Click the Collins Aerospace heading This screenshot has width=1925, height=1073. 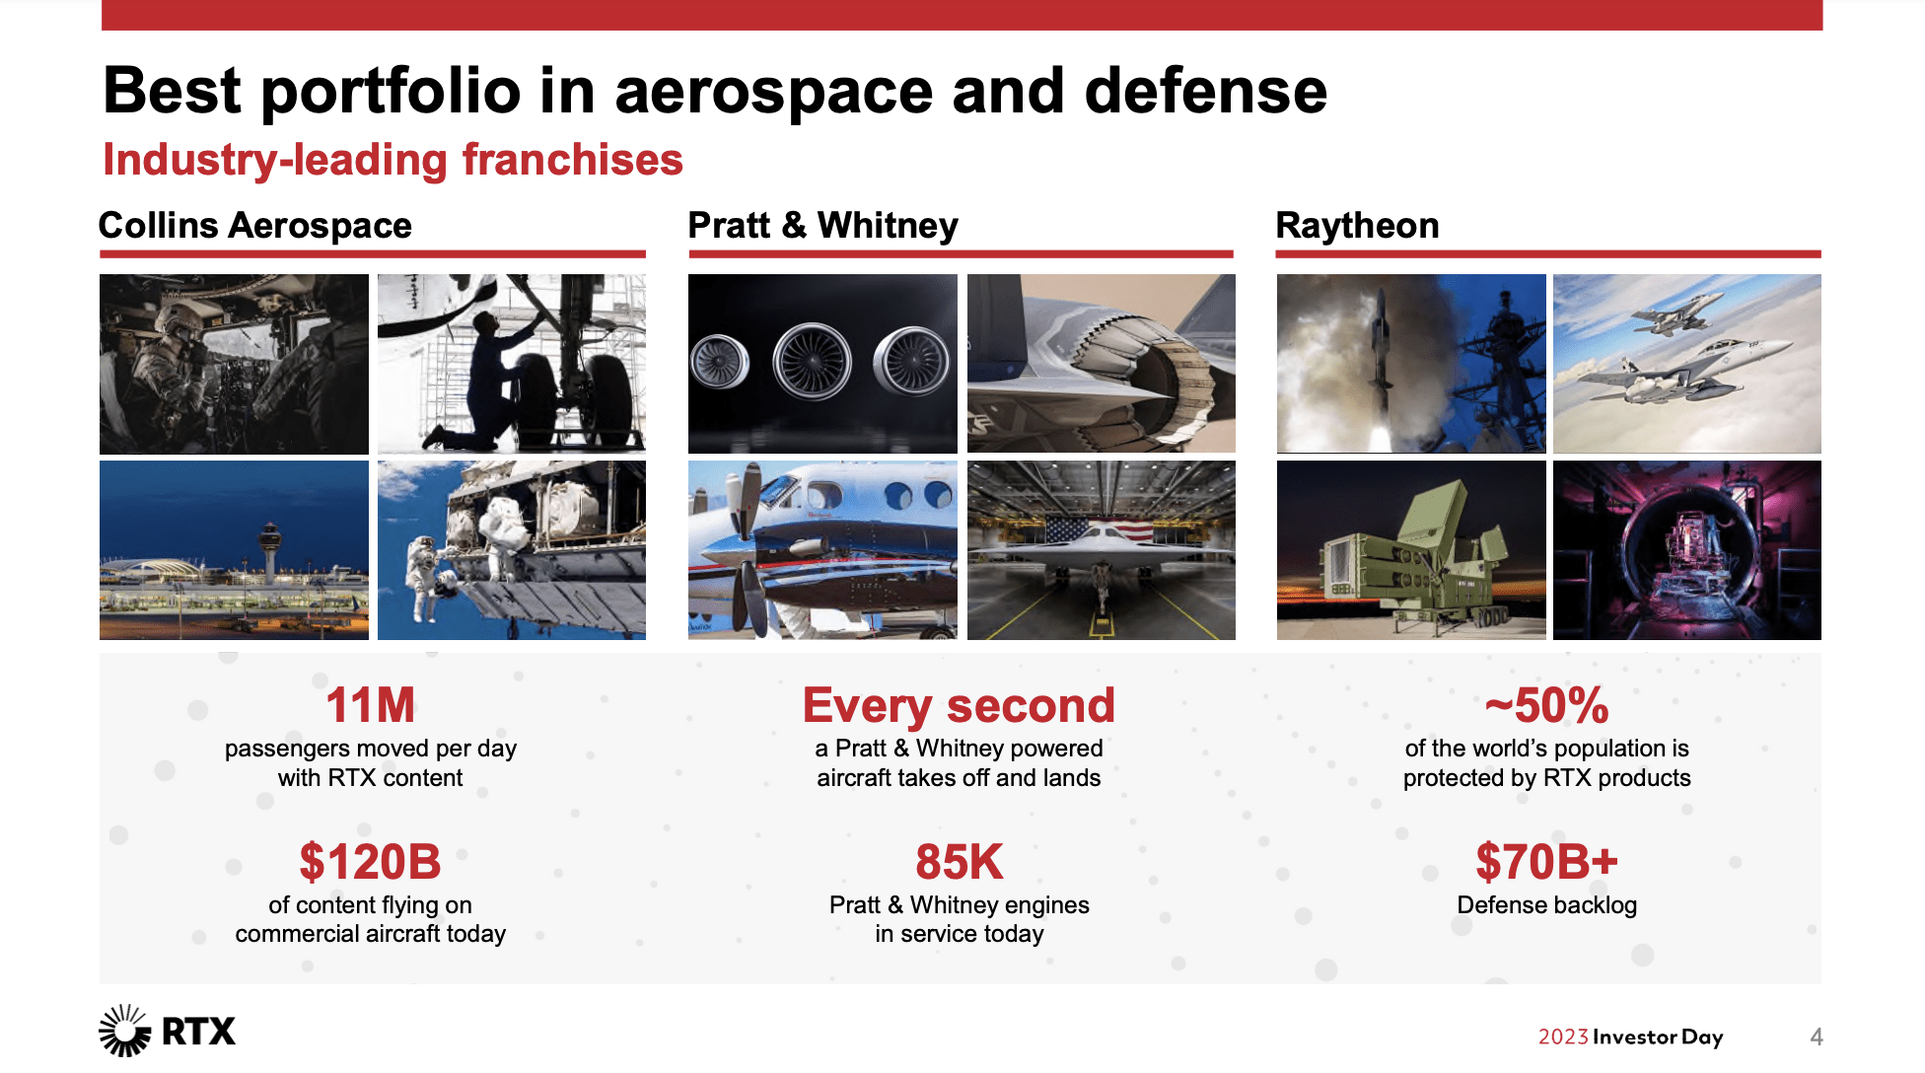pos(255,226)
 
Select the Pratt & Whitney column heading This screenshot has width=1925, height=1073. pos(822,226)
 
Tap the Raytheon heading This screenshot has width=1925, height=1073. pos(1357,226)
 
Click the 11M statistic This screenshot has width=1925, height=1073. pos(371,705)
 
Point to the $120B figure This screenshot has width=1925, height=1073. pos(371,862)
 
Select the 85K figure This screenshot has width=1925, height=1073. pos(959,862)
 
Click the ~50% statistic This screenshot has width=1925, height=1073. pos(1546,705)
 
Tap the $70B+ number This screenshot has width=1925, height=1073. pos(1546,862)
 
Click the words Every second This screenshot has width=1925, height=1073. pos(959,706)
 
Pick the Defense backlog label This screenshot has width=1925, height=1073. pos(1546,905)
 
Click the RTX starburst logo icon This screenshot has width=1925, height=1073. pos(124,1031)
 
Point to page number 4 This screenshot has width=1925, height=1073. pos(1817,1037)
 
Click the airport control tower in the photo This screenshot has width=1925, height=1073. pos(269,553)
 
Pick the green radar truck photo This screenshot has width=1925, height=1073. pos(1411,550)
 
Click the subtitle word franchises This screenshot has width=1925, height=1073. pos(573,160)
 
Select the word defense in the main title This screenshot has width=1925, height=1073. pos(1206,91)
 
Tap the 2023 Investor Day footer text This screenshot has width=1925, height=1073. pos(1630,1037)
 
